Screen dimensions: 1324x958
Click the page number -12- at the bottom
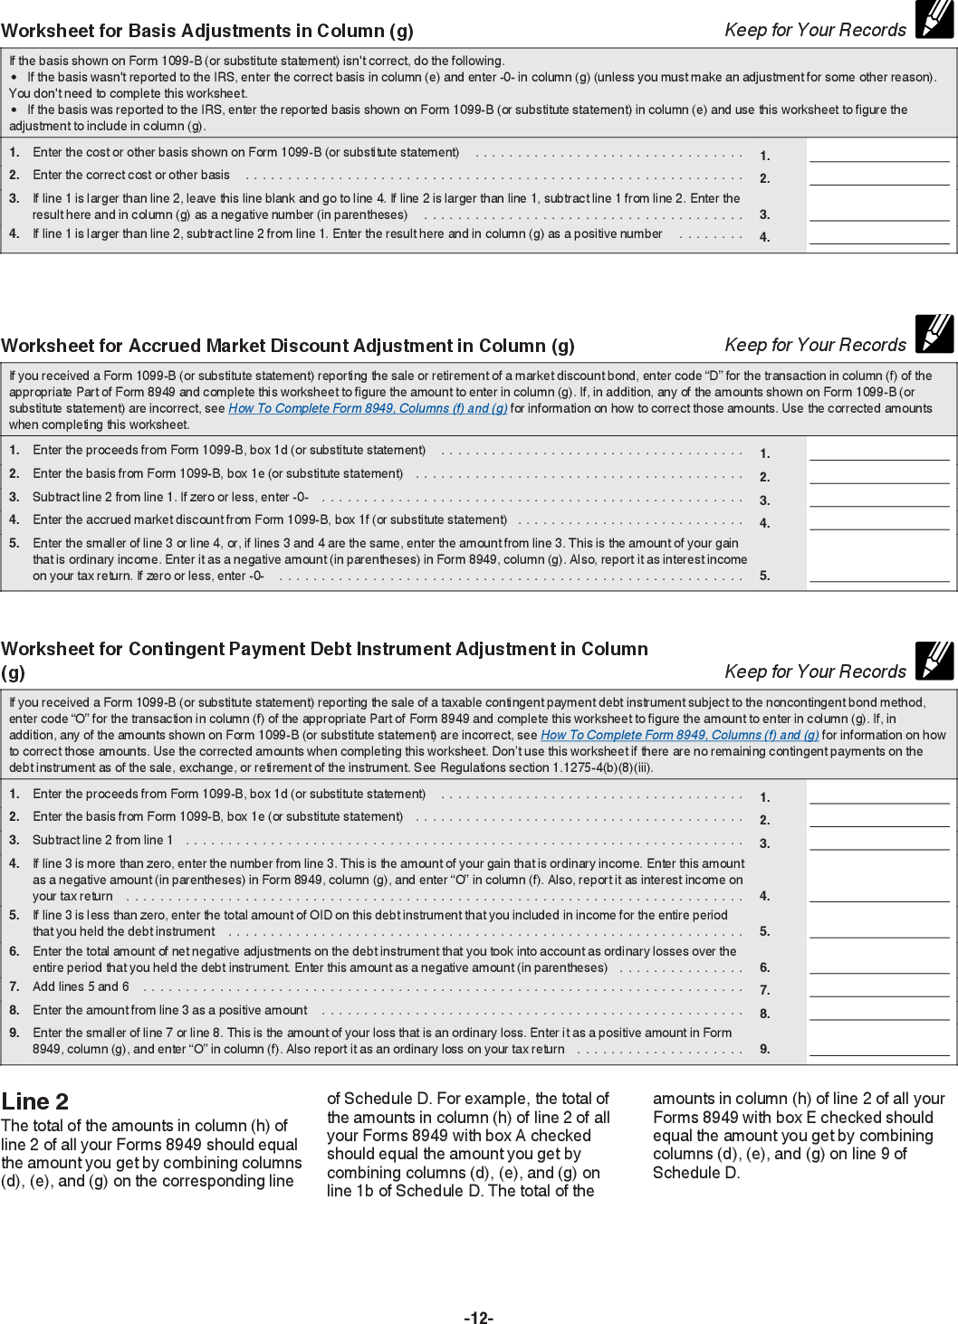pyautogui.click(x=478, y=1318)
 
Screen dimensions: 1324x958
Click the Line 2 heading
pyautogui.click(x=35, y=1101)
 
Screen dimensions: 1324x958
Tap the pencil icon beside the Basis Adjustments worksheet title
pyautogui.click(x=934, y=21)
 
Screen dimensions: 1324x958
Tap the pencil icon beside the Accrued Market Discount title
pyautogui.click(x=934, y=334)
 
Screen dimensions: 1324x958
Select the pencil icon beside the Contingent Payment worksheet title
pyautogui.click(x=934, y=661)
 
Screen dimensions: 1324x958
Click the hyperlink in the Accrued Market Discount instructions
pyautogui.click(x=368, y=409)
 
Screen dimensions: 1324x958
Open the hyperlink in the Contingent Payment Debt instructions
pyautogui.click(x=679, y=735)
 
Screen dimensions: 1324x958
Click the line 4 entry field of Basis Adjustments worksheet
pyautogui.click(x=879, y=235)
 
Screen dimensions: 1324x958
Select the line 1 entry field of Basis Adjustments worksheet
pyautogui.click(x=879, y=153)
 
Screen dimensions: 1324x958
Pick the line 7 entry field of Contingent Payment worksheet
pyautogui.click(x=879, y=988)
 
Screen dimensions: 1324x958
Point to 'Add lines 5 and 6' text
pyautogui.click(x=81, y=986)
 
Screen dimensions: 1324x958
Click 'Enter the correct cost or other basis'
pyautogui.click(x=131, y=176)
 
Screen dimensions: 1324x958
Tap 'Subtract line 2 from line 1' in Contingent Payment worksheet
pyautogui.click(x=102, y=840)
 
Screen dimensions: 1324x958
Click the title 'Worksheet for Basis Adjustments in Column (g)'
pyautogui.click(x=207, y=31)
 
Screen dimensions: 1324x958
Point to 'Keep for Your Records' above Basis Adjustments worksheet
pyautogui.click(x=815, y=30)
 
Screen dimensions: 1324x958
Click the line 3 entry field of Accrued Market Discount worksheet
pyautogui.click(x=879, y=498)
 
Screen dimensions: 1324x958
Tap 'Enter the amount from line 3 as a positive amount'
pyautogui.click(x=170, y=1010)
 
